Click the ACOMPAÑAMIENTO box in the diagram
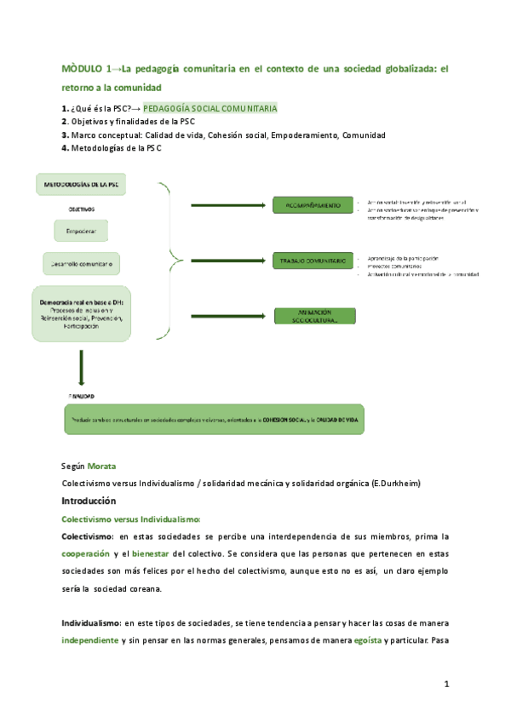[x=312, y=205]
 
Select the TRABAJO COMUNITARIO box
[x=312, y=261]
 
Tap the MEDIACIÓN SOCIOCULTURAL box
[x=312, y=316]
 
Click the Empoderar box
[x=81, y=232]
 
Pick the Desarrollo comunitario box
[x=83, y=262]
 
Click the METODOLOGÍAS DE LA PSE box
[x=81, y=183]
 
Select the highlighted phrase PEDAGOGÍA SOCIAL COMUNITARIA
[x=210, y=109]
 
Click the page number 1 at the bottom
[x=446, y=685]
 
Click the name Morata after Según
[x=101, y=467]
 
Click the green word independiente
[x=89, y=639]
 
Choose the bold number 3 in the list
[x=65, y=135]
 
